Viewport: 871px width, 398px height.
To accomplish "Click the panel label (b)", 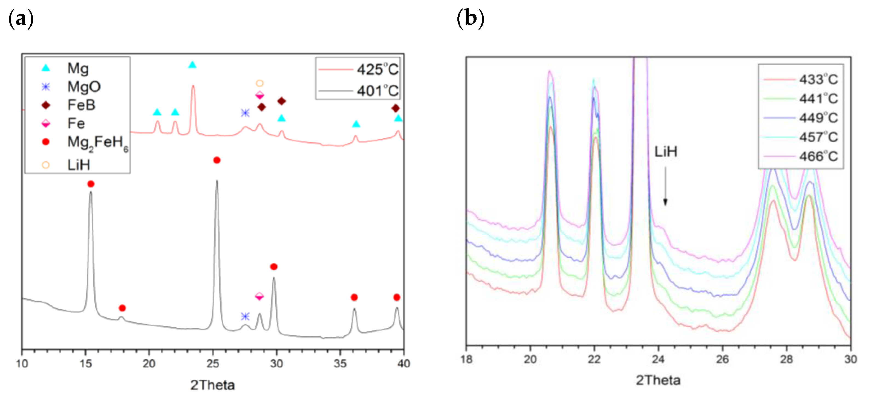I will coord(470,19).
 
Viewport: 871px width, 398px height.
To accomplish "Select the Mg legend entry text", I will coord(78,69).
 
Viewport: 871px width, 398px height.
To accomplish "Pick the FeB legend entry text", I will coord(81,105).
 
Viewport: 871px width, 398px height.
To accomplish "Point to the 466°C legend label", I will coord(818,157).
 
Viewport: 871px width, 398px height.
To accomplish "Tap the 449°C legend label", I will coord(818,118).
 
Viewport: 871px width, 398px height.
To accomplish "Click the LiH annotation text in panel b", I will coord(666,152).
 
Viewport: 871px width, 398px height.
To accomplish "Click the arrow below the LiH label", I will coord(665,186).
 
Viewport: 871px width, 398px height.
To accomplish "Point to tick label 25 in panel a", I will coord(213,364).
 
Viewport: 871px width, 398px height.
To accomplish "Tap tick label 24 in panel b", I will coord(658,359).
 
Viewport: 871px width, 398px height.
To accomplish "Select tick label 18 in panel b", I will coord(466,359).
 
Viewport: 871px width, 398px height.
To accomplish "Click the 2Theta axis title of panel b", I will coord(658,380).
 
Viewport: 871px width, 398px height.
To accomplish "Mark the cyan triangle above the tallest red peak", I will coord(192,65).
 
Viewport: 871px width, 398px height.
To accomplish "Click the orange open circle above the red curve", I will coord(259,83).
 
